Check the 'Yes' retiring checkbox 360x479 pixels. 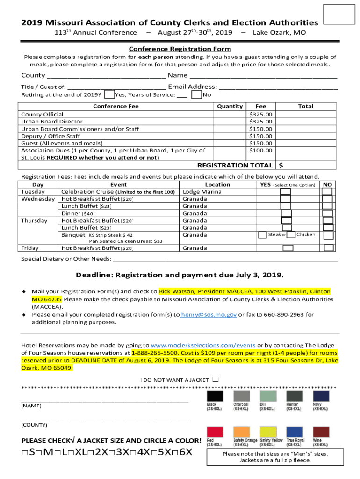(x=109, y=95)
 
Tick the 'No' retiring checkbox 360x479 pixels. (x=197, y=95)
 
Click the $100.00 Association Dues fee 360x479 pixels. (x=260, y=150)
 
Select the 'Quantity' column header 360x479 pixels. (x=230, y=106)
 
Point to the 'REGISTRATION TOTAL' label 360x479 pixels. (x=235, y=165)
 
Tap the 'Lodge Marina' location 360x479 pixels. (x=202, y=192)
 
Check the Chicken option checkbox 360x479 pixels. (x=291, y=234)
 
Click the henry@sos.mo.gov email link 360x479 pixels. (x=209, y=315)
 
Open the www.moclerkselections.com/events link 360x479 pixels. (x=203, y=345)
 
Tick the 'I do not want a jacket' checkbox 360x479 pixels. (x=216, y=380)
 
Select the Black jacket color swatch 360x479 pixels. (x=215, y=396)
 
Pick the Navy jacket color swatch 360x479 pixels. (x=321, y=396)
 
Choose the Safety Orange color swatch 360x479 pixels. (x=242, y=432)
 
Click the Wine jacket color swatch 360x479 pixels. (x=321, y=432)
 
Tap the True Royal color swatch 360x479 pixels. (x=295, y=432)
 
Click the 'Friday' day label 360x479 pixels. (x=30, y=248)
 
